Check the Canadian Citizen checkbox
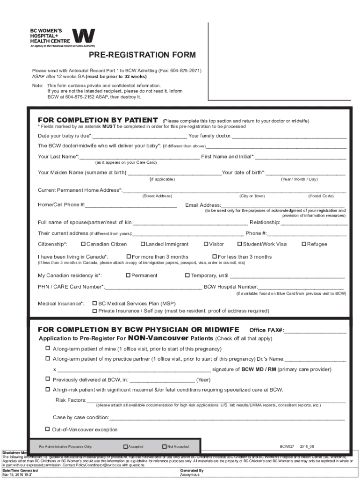83,244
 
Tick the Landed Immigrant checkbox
143,244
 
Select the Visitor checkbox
206,244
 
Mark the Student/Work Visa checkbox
240,244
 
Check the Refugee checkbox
304,244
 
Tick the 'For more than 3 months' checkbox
129,256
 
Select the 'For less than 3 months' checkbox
215,256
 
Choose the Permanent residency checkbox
128,275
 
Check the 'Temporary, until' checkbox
187,275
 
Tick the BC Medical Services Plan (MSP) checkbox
95,303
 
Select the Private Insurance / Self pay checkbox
95,310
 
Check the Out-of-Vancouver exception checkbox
48,429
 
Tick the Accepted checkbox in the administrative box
125,446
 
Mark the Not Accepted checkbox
164,446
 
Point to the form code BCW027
287,447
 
